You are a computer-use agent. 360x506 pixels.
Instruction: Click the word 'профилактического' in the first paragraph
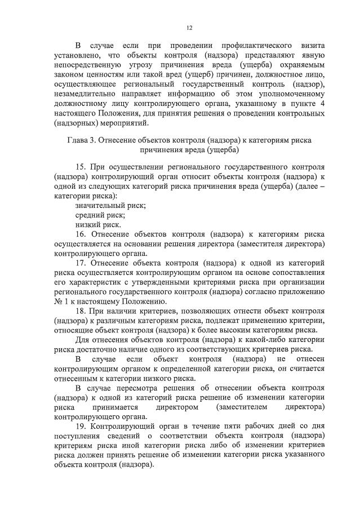point(250,45)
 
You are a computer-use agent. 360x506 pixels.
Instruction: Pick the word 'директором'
point(178,407)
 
